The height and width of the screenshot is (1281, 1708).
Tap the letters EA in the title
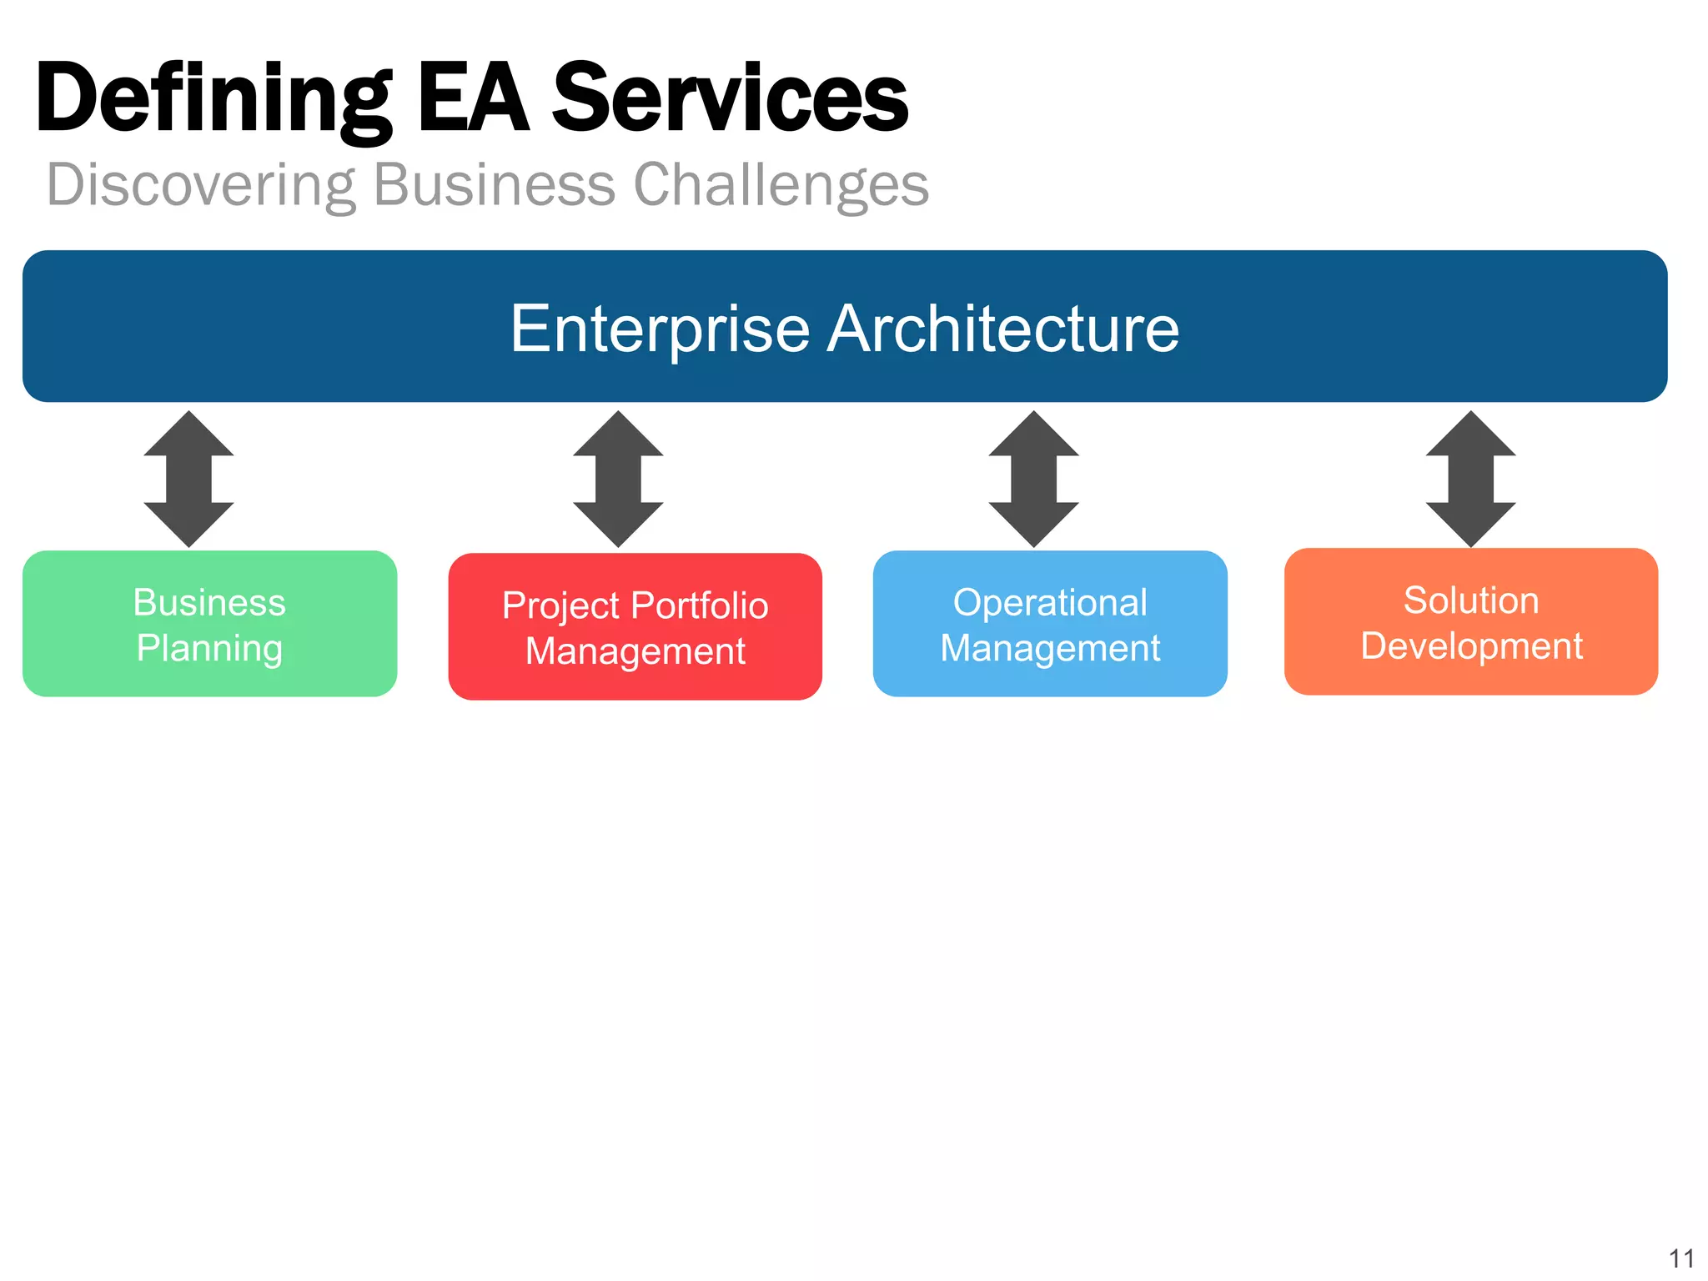point(473,98)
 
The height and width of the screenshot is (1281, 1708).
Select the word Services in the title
point(730,98)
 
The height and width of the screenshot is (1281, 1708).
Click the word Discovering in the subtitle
point(200,185)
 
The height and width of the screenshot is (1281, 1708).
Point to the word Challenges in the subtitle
point(781,185)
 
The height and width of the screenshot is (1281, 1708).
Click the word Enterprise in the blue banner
point(660,329)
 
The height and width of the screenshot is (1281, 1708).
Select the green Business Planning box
point(209,624)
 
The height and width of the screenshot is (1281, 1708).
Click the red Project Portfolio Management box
point(635,626)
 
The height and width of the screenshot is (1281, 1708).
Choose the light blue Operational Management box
point(1050,624)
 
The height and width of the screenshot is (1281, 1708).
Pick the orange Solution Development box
point(1471,622)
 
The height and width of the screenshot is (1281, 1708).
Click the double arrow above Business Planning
point(189,479)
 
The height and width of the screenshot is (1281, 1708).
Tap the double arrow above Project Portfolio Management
point(618,479)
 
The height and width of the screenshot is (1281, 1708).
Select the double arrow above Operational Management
point(1034,479)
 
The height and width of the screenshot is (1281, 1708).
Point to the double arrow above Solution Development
point(1471,479)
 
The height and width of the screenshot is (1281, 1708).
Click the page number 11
point(1681,1258)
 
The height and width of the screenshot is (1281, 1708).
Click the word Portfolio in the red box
point(700,605)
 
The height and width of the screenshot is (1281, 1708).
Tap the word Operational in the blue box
point(1050,602)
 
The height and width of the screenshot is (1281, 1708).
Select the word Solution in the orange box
point(1471,600)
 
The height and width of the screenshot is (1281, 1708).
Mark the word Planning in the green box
point(209,649)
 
